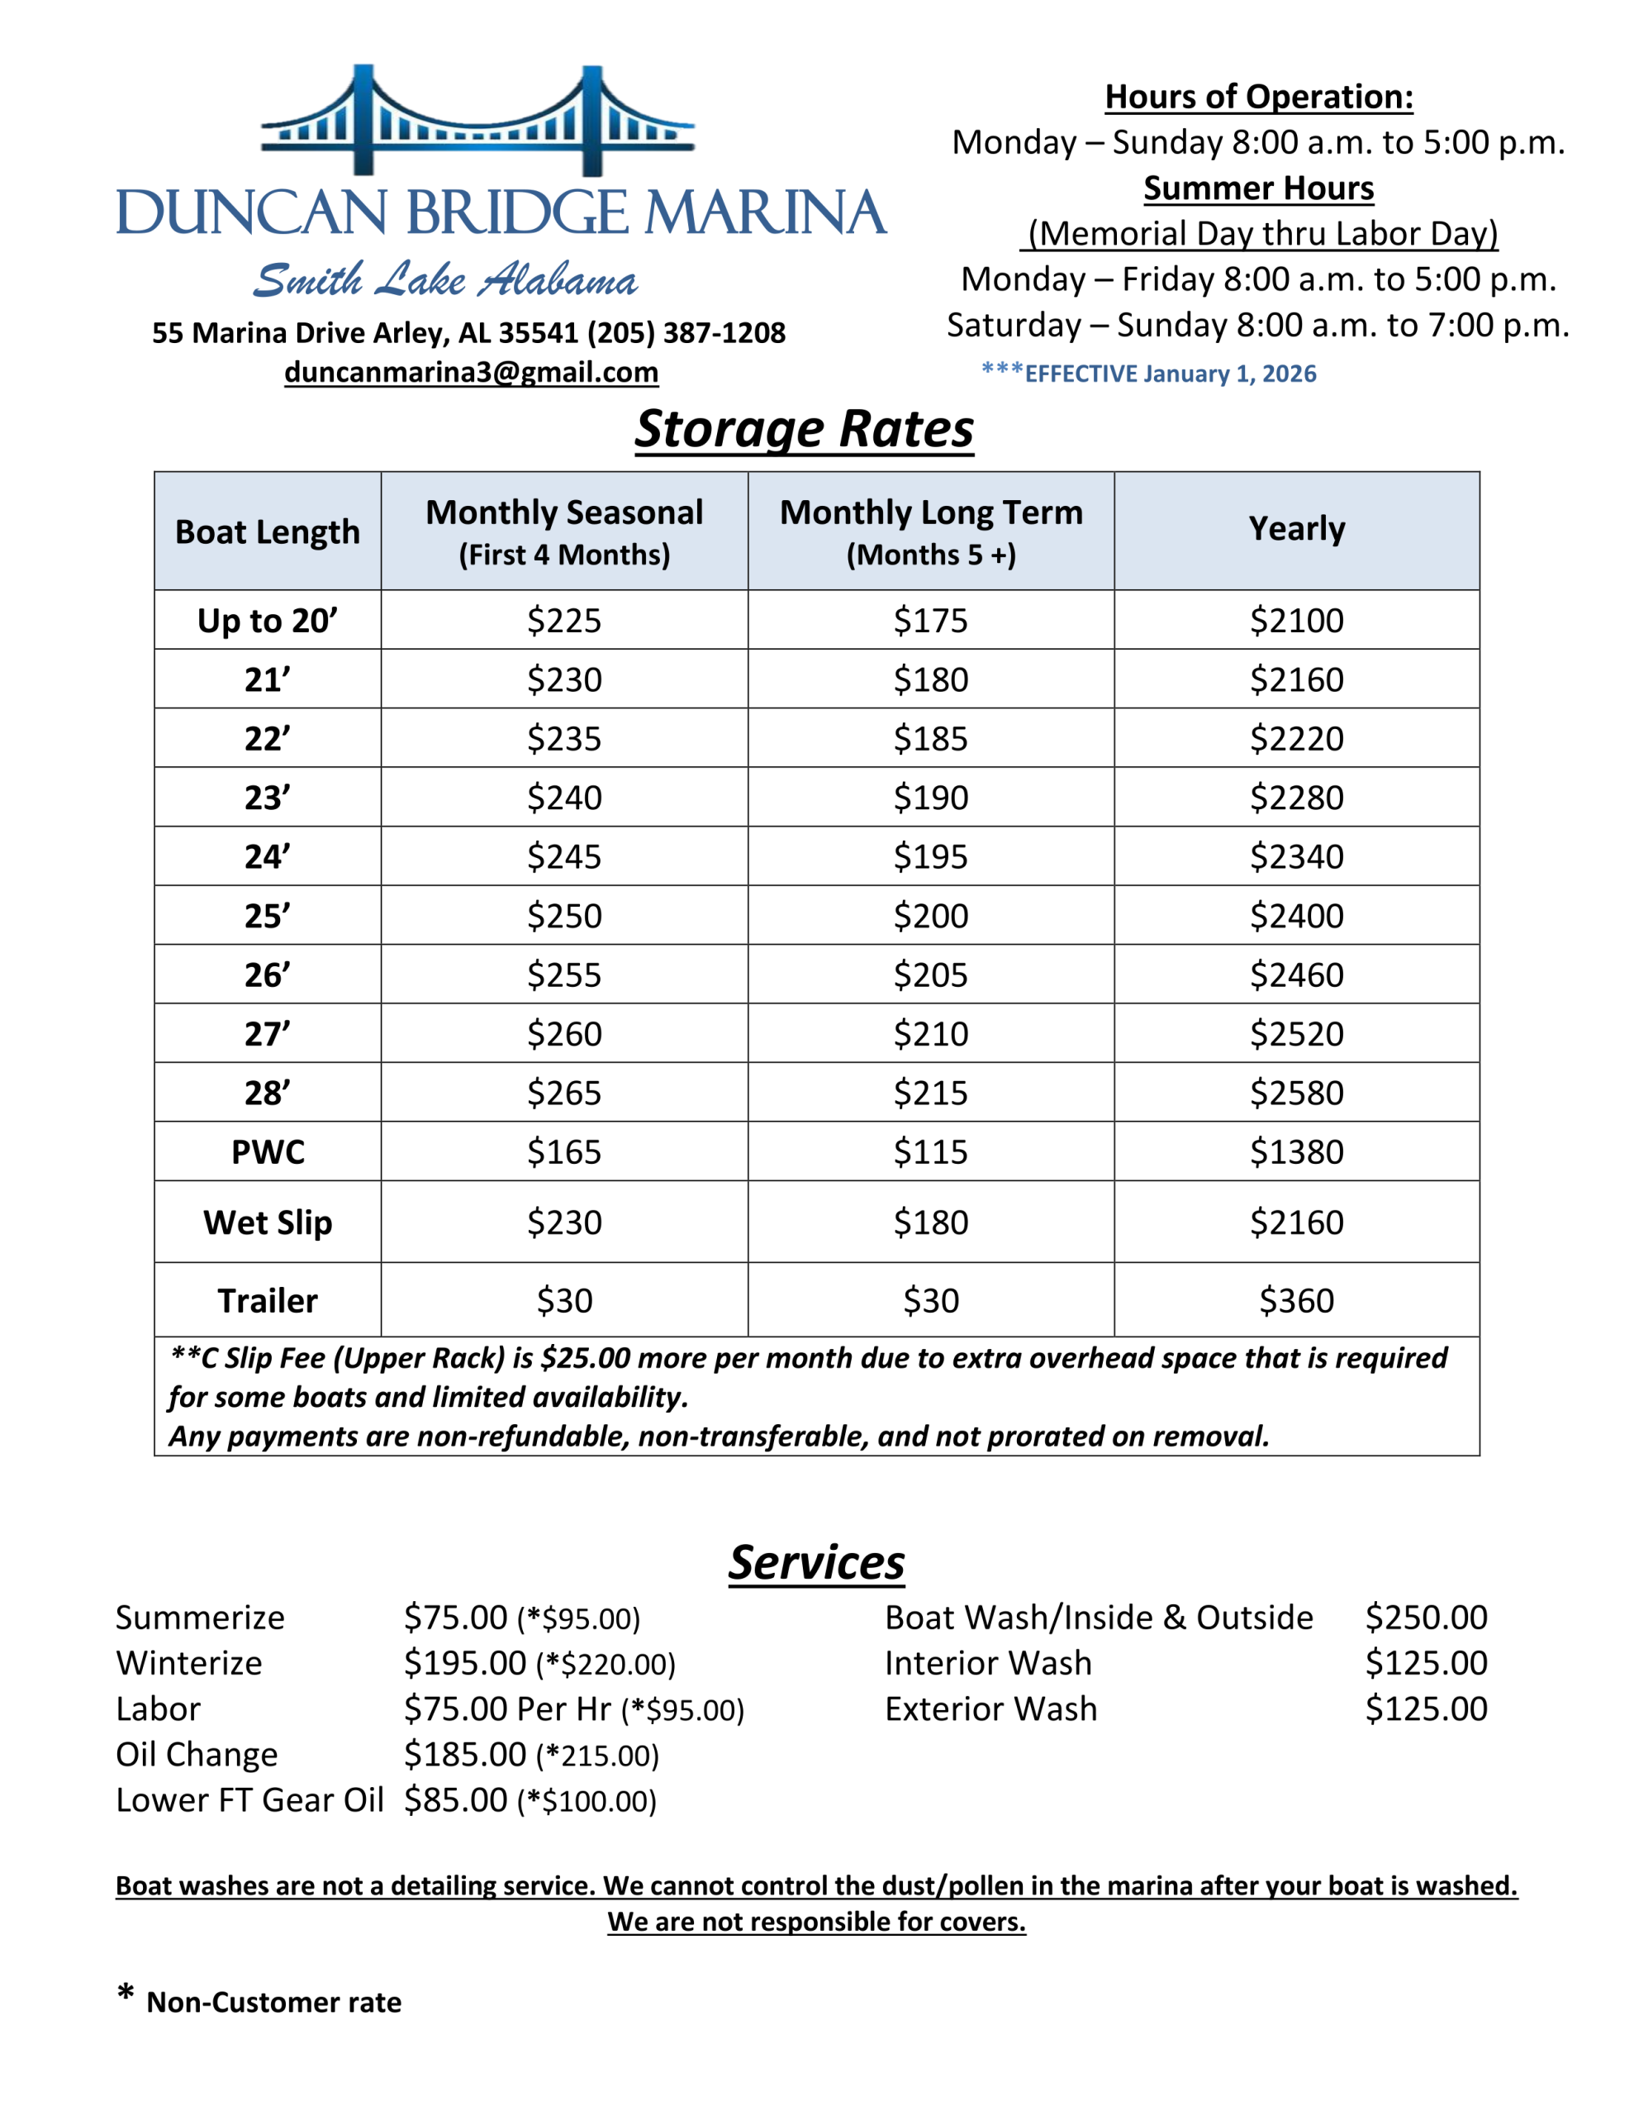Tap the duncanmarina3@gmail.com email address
471,372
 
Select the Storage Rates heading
804,428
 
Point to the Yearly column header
1296,529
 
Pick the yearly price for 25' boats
1296,916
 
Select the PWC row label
268,1152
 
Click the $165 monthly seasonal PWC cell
563,1152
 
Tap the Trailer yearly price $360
1296,1300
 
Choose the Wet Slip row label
268,1222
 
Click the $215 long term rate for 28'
930,1093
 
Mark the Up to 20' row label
268,620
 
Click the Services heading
816,1563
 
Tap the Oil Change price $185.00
465,1755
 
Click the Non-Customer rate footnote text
273,2003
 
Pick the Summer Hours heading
1258,188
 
